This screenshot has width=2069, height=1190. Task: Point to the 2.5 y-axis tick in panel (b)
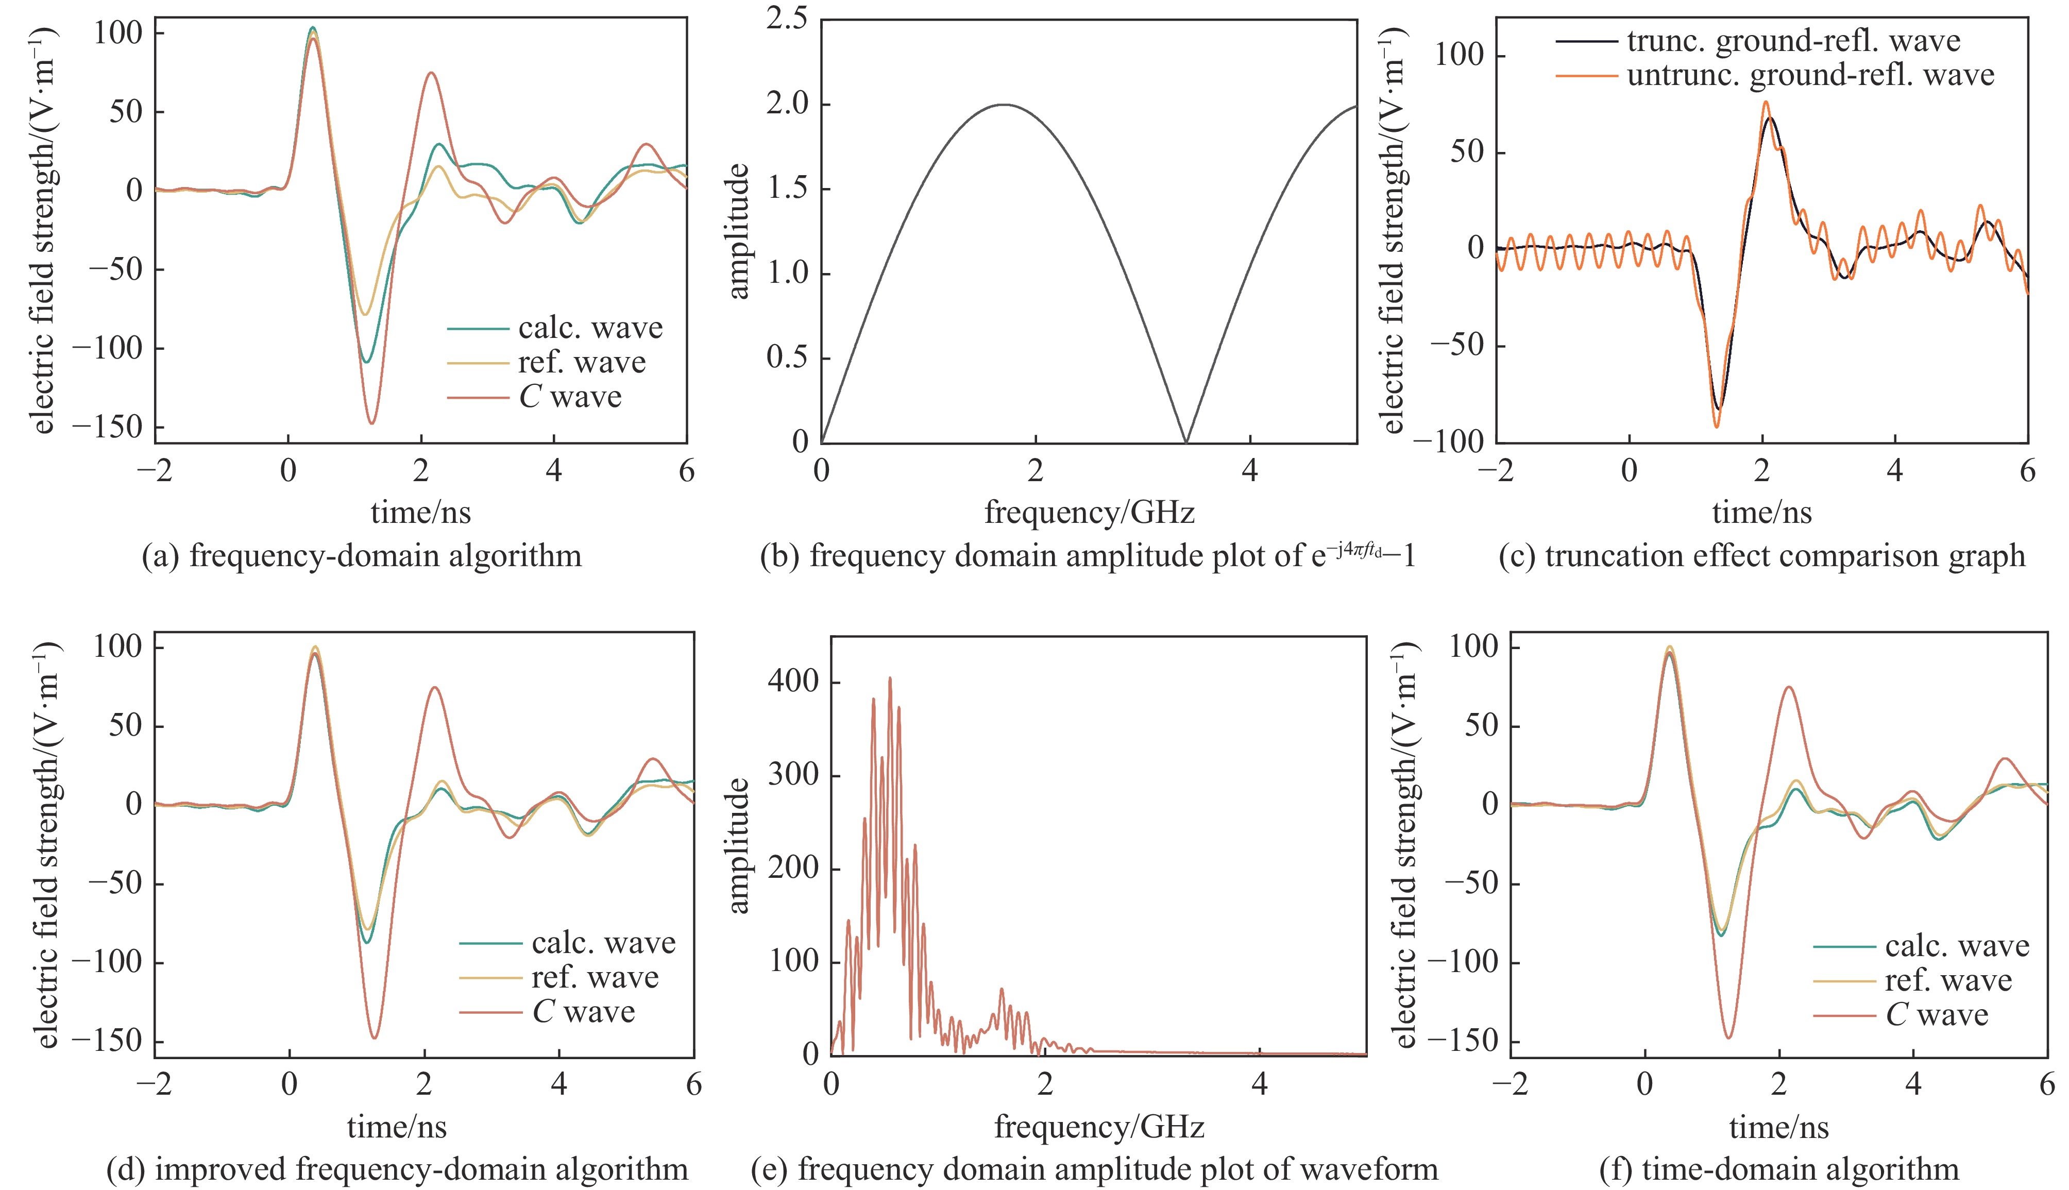pyautogui.click(x=786, y=20)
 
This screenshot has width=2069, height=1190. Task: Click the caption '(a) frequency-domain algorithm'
pyautogui.click(x=361, y=556)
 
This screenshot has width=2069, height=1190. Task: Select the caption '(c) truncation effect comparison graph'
pyautogui.click(x=1762, y=556)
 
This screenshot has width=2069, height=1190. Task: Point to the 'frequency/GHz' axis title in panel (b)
pyautogui.click(x=1089, y=513)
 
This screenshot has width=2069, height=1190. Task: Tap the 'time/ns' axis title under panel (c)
pyautogui.click(x=1762, y=513)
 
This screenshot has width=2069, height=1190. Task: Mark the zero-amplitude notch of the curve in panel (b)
pyautogui.click(x=1185, y=441)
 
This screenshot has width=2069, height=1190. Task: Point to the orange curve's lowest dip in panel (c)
pyautogui.click(x=1716, y=427)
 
